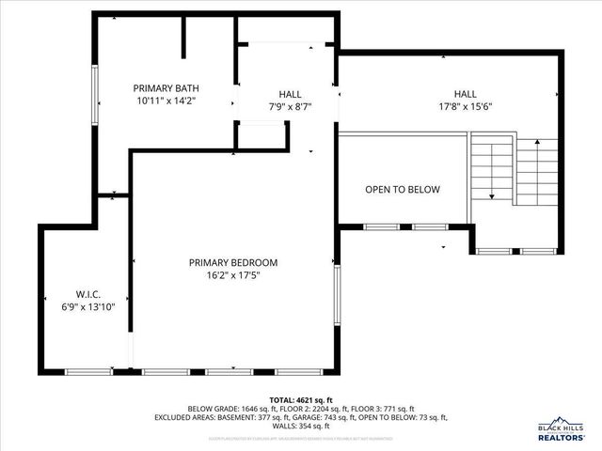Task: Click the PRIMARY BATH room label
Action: [166, 88]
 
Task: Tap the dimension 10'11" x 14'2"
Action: [166, 101]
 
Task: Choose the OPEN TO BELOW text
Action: [402, 189]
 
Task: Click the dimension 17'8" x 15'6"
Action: [465, 107]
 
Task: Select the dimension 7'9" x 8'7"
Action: [289, 107]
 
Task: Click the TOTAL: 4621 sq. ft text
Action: [300, 399]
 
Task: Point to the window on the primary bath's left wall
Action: [94, 94]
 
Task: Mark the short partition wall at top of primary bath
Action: [184, 36]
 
